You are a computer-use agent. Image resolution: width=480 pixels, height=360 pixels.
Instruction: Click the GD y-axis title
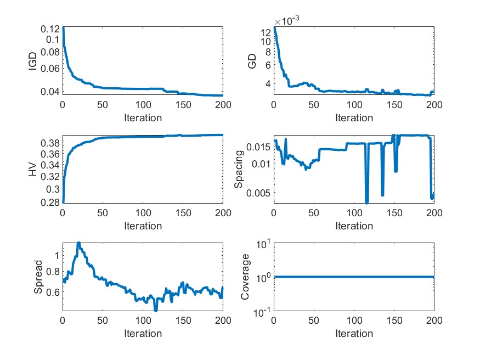tap(252, 61)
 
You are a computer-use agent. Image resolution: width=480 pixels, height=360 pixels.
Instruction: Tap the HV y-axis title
tap(32, 170)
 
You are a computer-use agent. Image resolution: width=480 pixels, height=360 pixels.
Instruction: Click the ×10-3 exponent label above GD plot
tap(291, 21)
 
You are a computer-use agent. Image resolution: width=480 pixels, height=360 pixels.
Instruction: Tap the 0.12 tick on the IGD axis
tap(50, 27)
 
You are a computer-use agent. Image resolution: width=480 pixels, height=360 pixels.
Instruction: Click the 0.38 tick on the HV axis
tap(50, 143)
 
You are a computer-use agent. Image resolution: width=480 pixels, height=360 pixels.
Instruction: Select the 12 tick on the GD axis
tap(265, 31)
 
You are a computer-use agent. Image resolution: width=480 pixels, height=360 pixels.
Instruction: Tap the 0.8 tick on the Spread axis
tap(53, 272)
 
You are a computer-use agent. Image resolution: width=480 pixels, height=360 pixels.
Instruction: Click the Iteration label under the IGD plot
tap(143, 117)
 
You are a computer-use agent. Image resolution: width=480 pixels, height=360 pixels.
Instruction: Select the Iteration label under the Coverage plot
tap(354, 334)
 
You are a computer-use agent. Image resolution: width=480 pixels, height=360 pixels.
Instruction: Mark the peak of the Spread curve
tap(78, 243)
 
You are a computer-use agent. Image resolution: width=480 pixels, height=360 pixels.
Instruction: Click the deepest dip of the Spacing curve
tap(366, 203)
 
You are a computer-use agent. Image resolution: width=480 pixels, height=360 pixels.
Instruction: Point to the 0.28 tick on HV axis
tap(50, 203)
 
